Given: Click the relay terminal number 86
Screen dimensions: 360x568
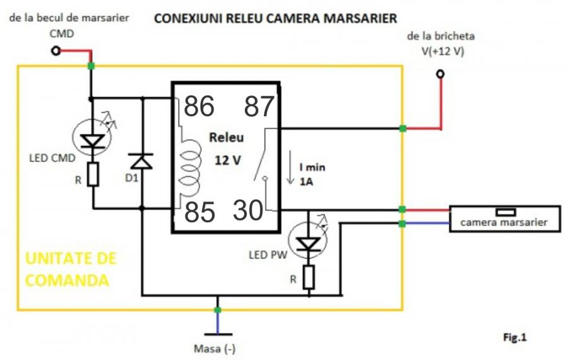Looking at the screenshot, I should click(199, 107).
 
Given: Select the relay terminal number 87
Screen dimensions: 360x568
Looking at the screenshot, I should click(259, 107).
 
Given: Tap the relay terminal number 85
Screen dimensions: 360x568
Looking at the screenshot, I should click(199, 213).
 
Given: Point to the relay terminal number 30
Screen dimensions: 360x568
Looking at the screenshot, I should click(248, 211).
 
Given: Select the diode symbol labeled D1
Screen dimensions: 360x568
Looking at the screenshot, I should click(143, 161).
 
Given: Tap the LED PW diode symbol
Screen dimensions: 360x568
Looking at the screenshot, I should click(309, 243).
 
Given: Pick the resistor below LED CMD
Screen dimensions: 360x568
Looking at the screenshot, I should click(93, 174).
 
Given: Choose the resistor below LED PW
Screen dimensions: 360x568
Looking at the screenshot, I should click(309, 277).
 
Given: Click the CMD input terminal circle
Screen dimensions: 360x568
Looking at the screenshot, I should click(56, 51).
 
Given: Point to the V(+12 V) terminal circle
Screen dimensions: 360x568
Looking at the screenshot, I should click(441, 74).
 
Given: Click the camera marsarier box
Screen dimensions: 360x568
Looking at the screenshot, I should click(504, 219).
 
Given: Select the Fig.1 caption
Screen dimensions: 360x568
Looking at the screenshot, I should click(514, 338).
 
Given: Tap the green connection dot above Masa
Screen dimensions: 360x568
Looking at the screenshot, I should click(218, 310).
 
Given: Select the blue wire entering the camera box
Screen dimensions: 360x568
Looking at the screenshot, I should click(426, 224).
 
